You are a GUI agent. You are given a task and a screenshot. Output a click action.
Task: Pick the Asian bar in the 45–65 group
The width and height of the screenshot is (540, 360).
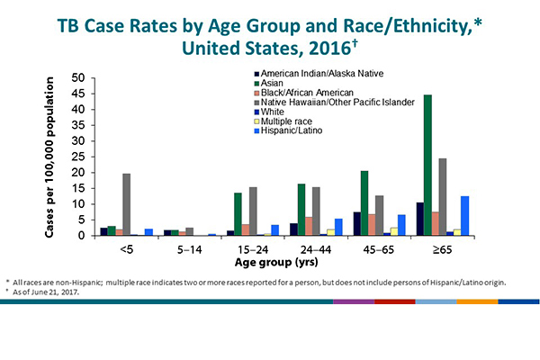tap(364, 203)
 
